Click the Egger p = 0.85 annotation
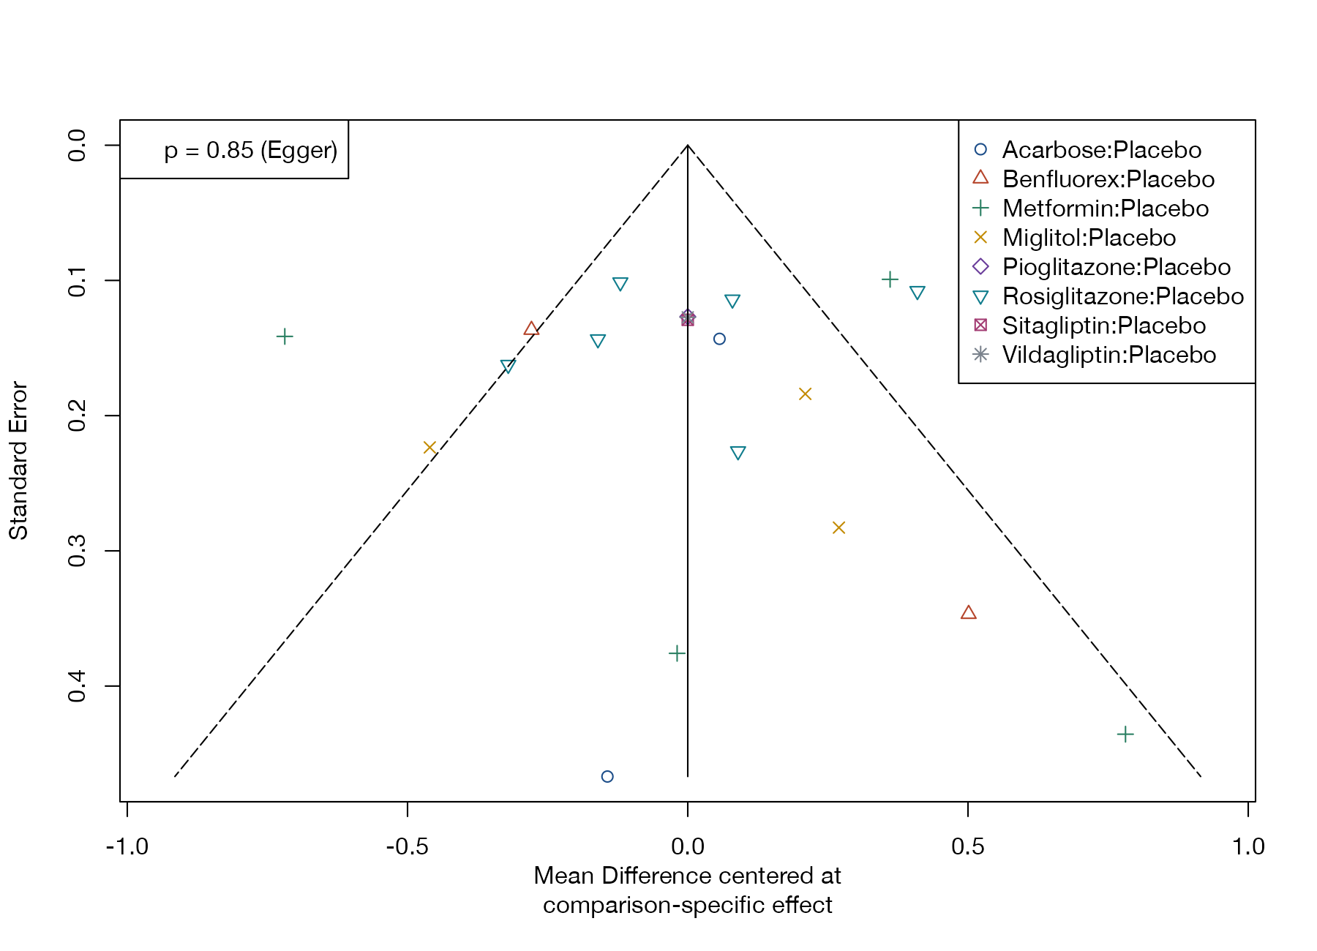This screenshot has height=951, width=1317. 251,150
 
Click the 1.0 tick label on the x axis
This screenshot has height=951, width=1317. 1248,846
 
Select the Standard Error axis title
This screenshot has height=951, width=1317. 18,461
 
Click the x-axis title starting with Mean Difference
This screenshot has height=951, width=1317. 688,890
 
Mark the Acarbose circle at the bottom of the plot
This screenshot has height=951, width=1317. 607,776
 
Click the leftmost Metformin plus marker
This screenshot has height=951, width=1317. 285,337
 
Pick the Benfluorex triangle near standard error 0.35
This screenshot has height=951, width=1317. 968,612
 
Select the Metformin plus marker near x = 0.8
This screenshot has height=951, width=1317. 1125,734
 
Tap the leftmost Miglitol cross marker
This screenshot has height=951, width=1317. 429,448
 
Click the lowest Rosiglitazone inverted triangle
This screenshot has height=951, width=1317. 738,454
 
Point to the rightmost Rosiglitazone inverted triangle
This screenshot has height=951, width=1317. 918,293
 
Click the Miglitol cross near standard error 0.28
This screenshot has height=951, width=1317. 838,527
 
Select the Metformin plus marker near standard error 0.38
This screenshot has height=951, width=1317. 677,653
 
